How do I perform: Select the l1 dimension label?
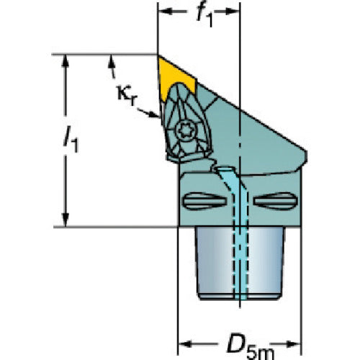pyautogui.click(x=71, y=140)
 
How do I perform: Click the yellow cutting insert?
pyautogui.click(x=174, y=77)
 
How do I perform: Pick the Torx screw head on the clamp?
pyautogui.click(x=185, y=130)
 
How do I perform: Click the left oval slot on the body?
pyautogui.click(x=204, y=201)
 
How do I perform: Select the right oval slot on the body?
pyautogui.click(x=276, y=201)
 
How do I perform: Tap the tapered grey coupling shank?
pyautogui.click(x=240, y=263)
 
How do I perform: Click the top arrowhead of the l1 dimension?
pyautogui.click(x=66, y=61)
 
